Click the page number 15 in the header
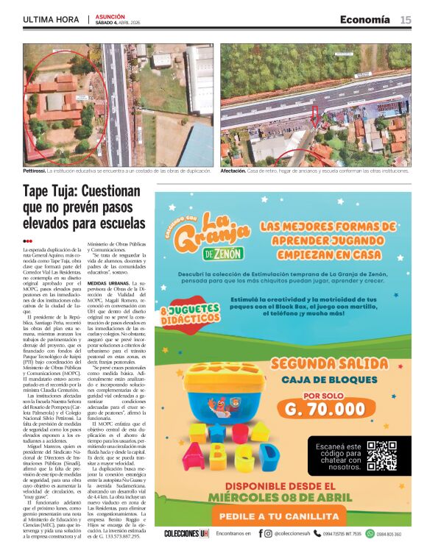click(405, 19)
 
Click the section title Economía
click(364, 19)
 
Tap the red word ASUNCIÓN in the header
click(110, 15)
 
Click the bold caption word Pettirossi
click(37, 170)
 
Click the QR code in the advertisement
click(381, 455)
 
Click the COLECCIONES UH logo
click(186, 533)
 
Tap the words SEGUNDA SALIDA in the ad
click(317, 363)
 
